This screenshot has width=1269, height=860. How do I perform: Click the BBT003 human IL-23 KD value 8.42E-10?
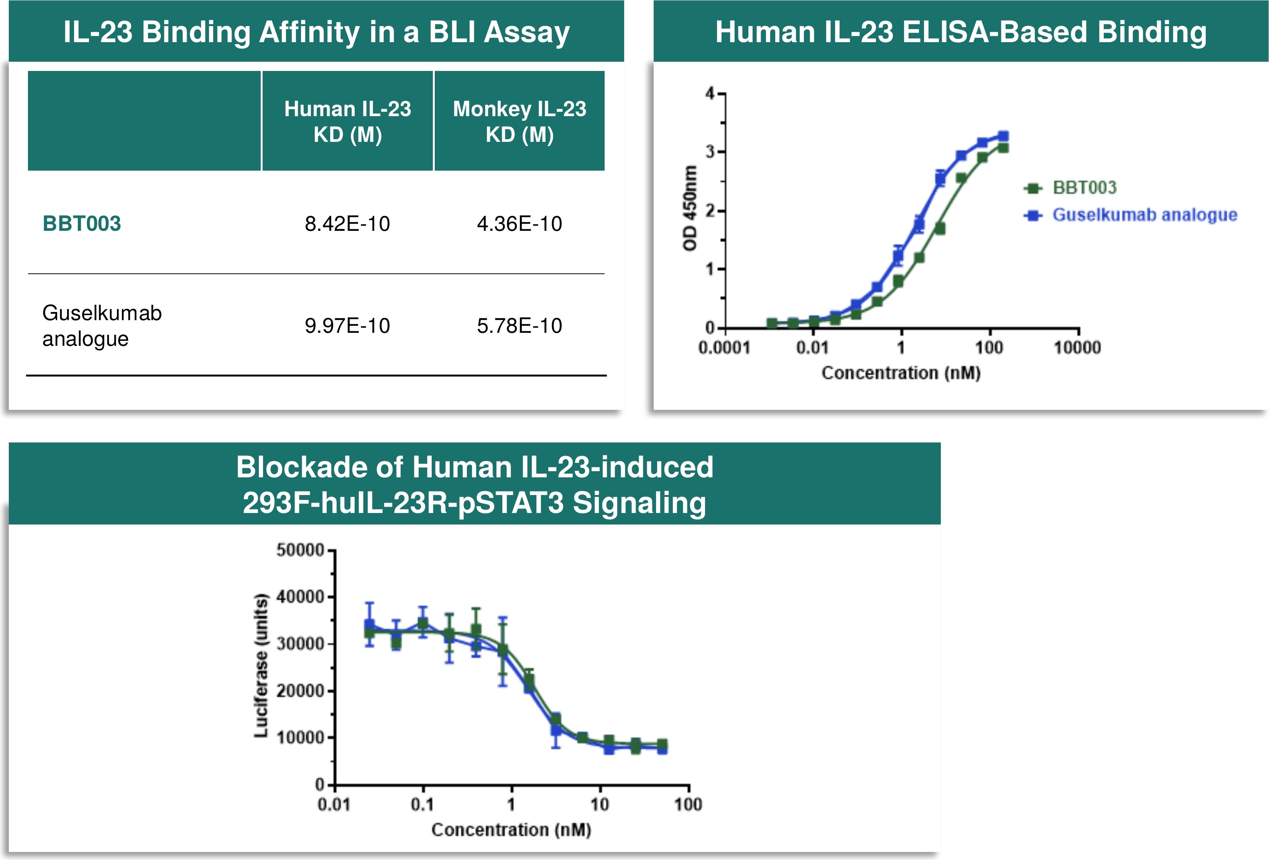[347, 224]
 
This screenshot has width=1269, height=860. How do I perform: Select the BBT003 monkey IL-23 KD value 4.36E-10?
[519, 224]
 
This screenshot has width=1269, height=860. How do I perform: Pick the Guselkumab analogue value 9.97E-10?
[347, 326]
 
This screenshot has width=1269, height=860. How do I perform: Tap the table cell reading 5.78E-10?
[519, 326]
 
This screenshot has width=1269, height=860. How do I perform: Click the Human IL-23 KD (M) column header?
[348, 121]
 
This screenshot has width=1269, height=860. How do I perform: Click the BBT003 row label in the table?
[82, 224]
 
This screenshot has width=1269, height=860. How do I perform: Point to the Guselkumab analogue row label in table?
[102, 326]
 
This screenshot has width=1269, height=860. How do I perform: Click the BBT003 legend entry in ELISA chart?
[1070, 188]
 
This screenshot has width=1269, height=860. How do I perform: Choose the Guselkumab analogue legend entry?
[1130, 215]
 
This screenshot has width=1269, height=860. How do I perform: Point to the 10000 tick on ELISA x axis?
[1077, 347]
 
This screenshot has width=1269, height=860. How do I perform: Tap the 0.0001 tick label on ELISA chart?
[725, 347]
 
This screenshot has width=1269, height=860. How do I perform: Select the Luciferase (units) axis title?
[261, 666]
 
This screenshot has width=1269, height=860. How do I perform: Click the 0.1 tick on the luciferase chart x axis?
[422, 804]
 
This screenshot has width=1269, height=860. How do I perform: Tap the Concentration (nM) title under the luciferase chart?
[511, 830]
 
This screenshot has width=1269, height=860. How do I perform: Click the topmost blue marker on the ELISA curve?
[1003, 136]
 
